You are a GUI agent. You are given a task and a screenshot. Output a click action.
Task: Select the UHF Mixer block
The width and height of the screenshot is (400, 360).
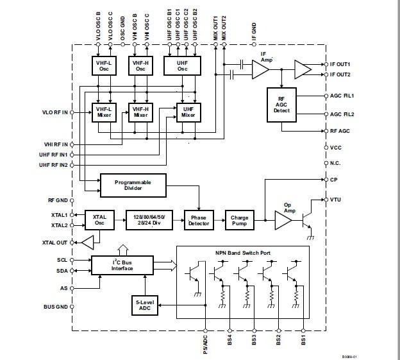pos(188,112)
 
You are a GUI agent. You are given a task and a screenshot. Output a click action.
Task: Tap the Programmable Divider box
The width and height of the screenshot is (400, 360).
pos(133,185)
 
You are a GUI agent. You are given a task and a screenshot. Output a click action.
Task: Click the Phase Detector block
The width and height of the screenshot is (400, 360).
pos(198,219)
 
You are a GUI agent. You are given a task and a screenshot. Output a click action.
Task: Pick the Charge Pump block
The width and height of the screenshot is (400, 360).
pos(239,219)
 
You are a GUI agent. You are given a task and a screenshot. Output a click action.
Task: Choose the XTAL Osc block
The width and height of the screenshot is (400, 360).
pos(99,219)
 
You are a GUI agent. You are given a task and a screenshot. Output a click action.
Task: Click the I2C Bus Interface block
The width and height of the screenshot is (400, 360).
pos(122,264)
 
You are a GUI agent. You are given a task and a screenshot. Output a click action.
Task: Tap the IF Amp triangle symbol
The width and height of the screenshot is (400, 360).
pos(260,69)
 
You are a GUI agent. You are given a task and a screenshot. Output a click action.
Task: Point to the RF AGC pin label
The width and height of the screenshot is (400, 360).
pos(339,131)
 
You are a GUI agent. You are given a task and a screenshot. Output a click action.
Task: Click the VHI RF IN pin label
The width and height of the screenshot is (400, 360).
pos(55,144)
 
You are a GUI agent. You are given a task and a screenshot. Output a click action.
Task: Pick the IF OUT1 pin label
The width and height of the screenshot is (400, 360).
pos(340,65)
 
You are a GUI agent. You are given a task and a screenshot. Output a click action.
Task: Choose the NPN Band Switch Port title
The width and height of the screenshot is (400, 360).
pos(243,252)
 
